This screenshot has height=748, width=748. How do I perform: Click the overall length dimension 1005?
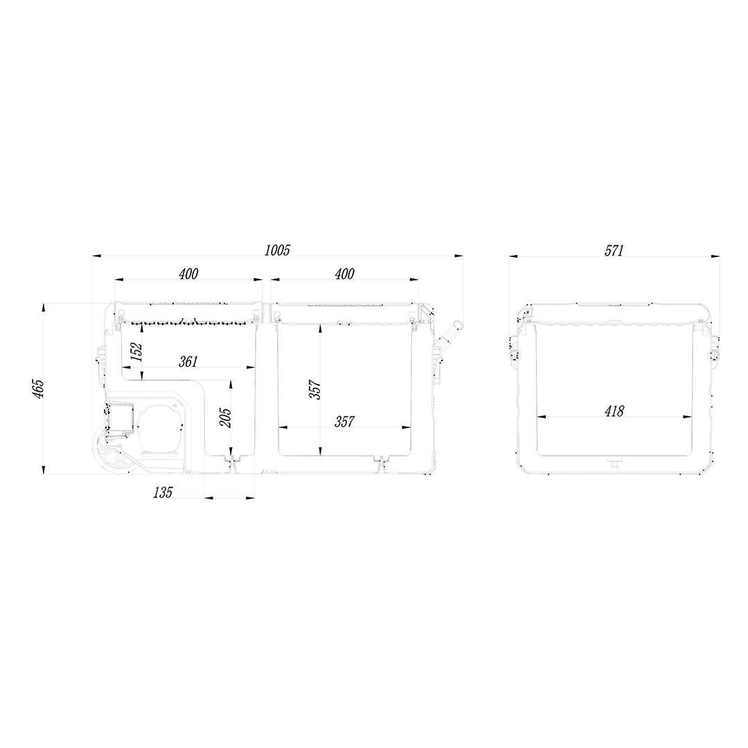tap(277, 250)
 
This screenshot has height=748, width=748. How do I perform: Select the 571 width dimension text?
tap(614, 251)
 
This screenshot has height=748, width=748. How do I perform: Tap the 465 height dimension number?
tap(39, 389)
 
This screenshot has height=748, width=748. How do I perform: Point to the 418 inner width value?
tap(614, 411)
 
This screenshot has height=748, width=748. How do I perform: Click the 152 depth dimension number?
tap(136, 352)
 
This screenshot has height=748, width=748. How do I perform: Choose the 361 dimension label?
tap(188, 362)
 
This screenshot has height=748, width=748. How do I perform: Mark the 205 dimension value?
tap(226, 418)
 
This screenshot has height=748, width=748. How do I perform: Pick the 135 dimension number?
tap(163, 492)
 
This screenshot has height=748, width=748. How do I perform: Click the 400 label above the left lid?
tap(188, 274)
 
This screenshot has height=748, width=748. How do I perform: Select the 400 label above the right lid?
tap(344, 274)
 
